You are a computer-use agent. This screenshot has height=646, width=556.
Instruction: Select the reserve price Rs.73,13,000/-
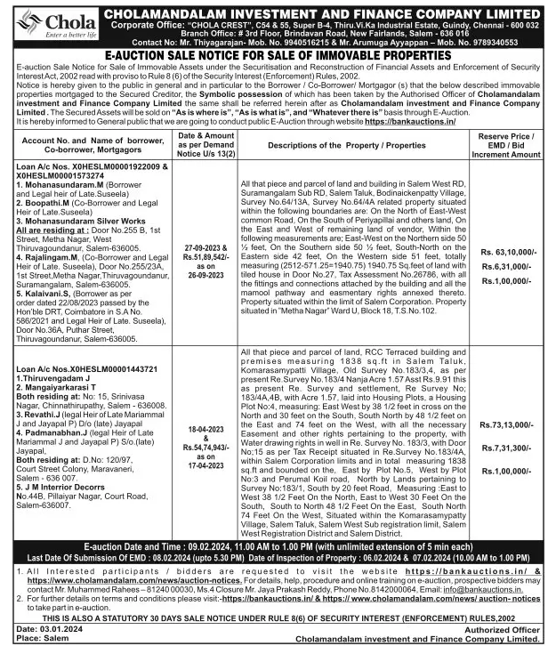[x=507, y=425]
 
